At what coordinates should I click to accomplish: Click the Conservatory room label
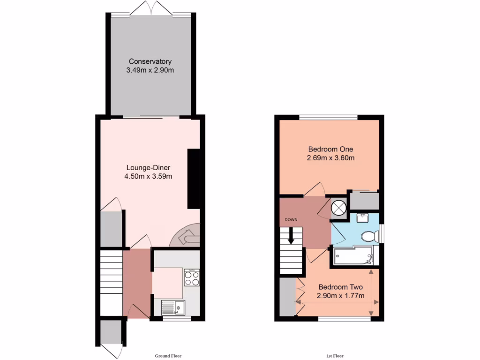150,61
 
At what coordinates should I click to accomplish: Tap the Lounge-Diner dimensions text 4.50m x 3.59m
148,177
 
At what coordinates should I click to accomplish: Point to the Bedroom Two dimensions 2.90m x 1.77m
340,296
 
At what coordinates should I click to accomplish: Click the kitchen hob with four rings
192,279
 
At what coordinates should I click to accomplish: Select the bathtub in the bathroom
354,256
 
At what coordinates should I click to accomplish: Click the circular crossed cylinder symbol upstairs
338,207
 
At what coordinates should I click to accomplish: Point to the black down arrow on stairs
291,235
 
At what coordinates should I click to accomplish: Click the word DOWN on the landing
291,219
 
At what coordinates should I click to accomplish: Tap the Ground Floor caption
168,356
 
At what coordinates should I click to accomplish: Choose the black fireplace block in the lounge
194,179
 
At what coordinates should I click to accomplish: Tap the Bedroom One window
329,117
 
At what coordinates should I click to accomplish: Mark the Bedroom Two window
344,319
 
